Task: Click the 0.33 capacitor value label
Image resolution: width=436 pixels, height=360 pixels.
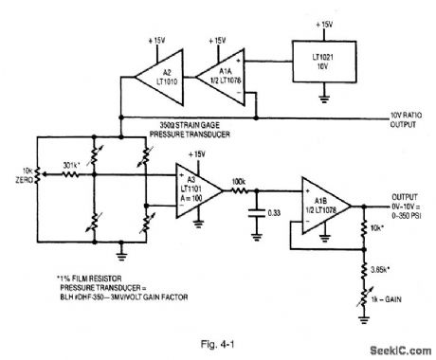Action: (275, 224)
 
